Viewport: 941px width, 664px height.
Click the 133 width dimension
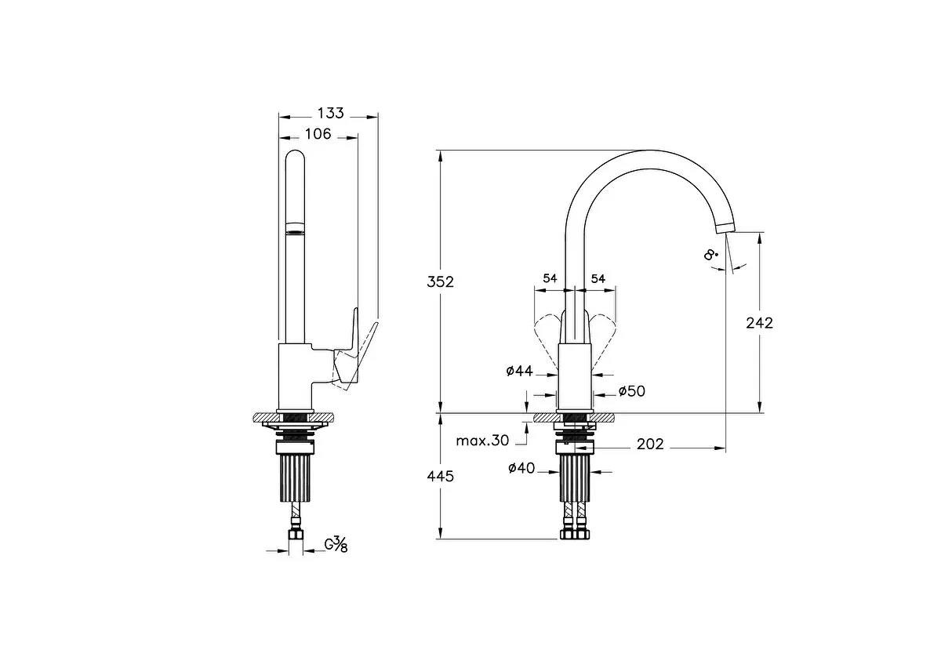[x=331, y=114]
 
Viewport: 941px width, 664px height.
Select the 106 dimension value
[x=318, y=134]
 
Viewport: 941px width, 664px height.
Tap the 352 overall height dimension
[x=441, y=282]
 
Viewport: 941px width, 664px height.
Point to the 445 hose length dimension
[x=441, y=476]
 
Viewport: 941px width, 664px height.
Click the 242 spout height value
[x=759, y=322]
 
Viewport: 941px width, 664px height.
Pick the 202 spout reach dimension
[x=650, y=444]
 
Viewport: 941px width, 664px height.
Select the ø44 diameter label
[x=520, y=371]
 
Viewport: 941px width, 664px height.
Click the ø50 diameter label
[x=631, y=390]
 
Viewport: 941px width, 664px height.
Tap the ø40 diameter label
[x=521, y=468]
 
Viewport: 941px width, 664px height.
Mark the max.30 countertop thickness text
[x=482, y=441]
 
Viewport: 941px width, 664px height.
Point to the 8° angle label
[x=710, y=254]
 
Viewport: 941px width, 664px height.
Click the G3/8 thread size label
[x=336, y=544]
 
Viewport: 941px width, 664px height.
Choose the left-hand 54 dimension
[x=550, y=279]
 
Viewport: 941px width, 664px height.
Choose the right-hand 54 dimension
[x=598, y=279]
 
